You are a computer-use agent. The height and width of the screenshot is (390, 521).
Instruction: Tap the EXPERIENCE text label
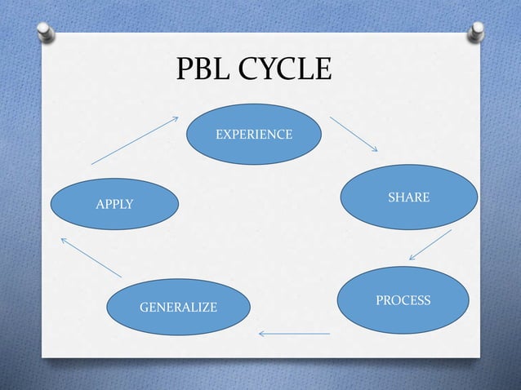pyautogui.click(x=254, y=134)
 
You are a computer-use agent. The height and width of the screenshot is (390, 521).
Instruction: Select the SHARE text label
pyautogui.click(x=408, y=198)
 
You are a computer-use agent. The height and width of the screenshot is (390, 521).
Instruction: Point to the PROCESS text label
pyautogui.click(x=403, y=301)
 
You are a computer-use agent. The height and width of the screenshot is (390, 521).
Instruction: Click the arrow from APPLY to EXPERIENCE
pyautogui.click(x=135, y=140)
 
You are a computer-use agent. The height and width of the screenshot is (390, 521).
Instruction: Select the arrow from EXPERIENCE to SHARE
pyautogui.click(x=354, y=134)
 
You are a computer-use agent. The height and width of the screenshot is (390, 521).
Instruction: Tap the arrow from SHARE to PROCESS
pyautogui.click(x=430, y=245)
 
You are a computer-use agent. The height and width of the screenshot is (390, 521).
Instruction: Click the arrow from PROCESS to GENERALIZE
pyautogui.click(x=294, y=333)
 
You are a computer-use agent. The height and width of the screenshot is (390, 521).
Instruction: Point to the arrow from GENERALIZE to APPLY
pyautogui.click(x=91, y=257)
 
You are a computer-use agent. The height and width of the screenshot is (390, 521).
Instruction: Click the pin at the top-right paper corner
pyautogui.click(x=474, y=32)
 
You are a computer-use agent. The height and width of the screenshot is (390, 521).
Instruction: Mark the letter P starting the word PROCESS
pyautogui.click(x=380, y=301)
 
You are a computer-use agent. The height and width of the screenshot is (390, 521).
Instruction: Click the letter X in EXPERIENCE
pyautogui.click(x=226, y=134)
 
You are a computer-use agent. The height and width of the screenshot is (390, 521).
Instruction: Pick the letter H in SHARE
pyautogui.click(x=399, y=198)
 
